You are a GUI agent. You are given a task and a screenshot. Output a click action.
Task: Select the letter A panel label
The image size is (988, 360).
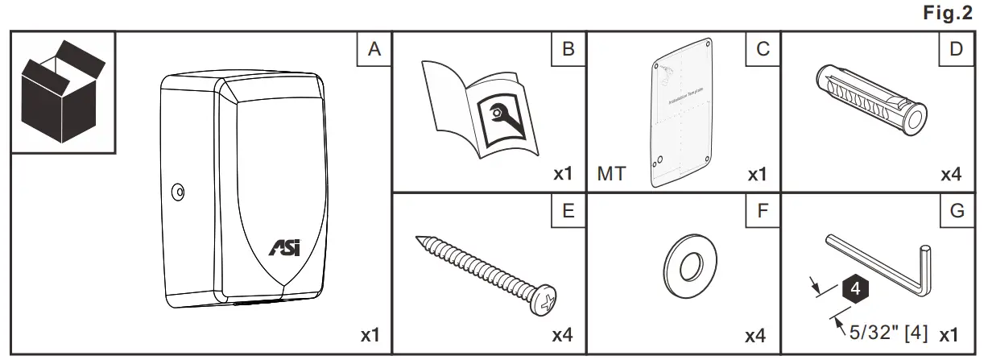tap(373, 50)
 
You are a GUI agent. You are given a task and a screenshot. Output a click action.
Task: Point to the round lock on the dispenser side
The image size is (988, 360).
tap(177, 192)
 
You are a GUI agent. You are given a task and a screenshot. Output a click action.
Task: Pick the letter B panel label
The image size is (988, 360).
tap(568, 50)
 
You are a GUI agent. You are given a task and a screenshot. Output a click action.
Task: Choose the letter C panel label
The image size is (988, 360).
tap(763, 50)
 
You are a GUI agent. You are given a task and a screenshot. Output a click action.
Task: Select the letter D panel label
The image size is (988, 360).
tap(956, 50)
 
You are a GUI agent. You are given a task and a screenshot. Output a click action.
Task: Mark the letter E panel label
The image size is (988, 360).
tap(568, 212)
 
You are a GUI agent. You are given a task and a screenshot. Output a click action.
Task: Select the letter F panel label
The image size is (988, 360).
tap(763, 212)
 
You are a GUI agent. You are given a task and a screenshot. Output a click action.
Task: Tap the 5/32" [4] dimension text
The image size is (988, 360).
tap(888, 329)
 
